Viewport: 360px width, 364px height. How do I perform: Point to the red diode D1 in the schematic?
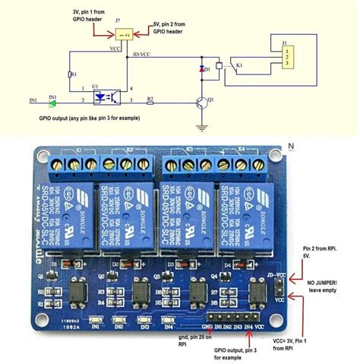[203, 69]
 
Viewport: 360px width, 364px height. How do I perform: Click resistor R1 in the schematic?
[71, 74]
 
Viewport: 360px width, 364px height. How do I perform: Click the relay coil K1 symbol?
[219, 67]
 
